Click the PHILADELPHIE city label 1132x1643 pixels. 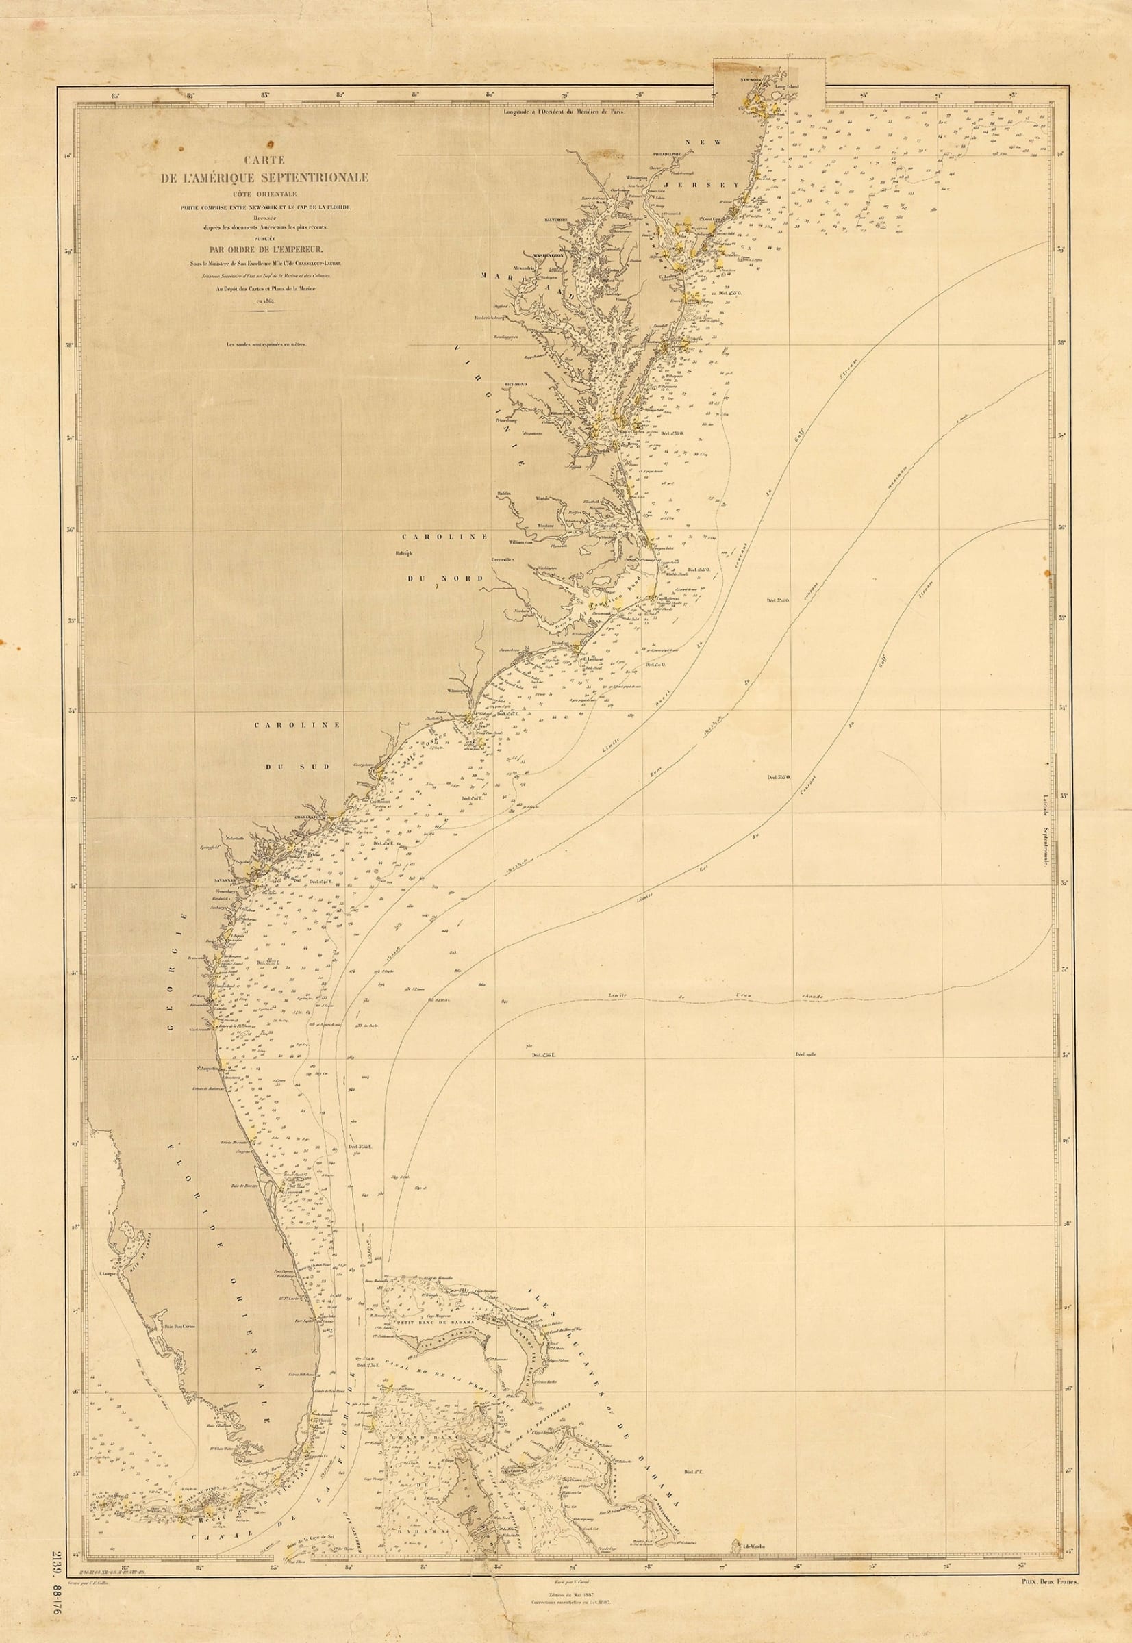pos(668,153)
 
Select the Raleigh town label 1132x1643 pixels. pos(405,554)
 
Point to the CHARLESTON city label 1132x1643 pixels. pos(310,817)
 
